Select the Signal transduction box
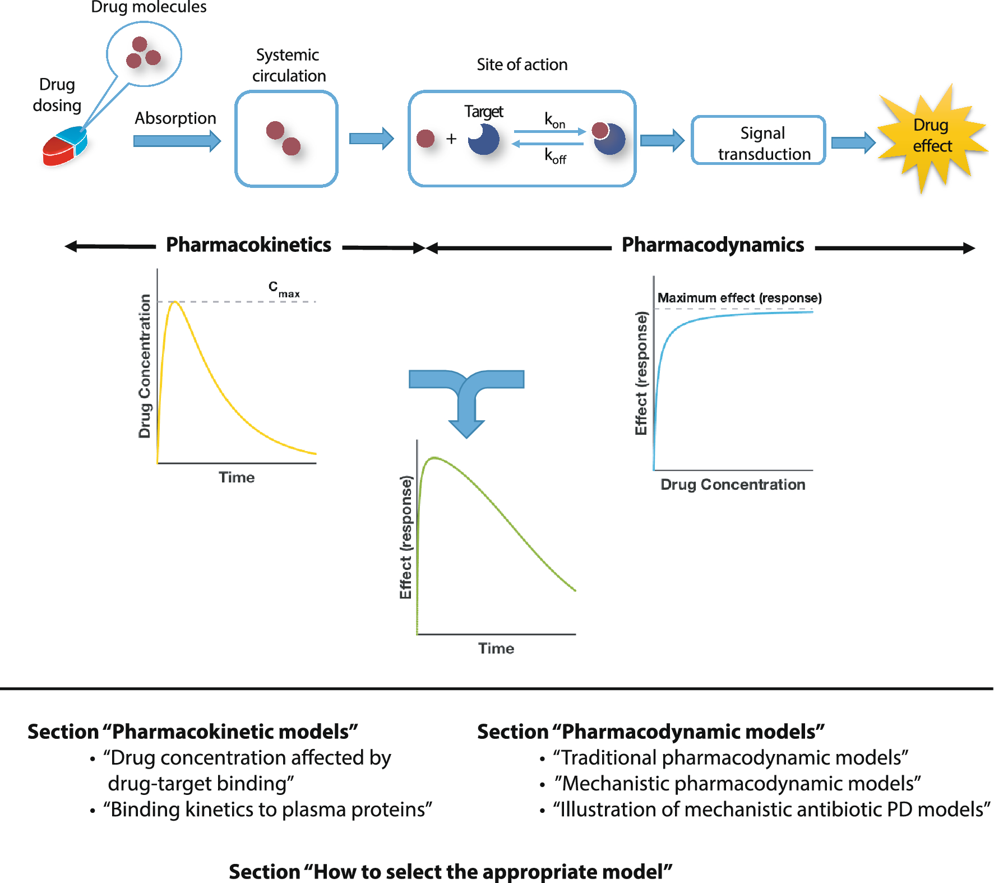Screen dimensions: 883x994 click(x=758, y=141)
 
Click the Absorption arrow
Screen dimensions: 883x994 click(x=176, y=141)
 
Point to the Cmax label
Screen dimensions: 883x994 click(x=283, y=289)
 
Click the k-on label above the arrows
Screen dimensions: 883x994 click(x=554, y=119)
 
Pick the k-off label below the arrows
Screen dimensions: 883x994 click(x=555, y=155)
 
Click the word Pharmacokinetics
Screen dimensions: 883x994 click(x=248, y=245)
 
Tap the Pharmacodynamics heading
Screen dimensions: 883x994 click(x=713, y=245)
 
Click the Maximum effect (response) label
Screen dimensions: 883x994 click(x=739, y=298)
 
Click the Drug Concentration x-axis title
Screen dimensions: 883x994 click(x=732, y=484)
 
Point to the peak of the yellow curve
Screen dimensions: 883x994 click(x=175, y=302)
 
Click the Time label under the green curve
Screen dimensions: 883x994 click(x=496, y=649)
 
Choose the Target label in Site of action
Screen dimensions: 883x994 click(x=483, y=112)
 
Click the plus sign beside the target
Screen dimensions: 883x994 click(x=451, y=139)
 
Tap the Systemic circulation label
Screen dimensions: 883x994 click(x=288, y=65)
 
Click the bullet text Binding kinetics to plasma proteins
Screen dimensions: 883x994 click(x=267, y=810)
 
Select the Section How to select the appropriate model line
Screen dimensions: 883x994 click(x=450, y=872)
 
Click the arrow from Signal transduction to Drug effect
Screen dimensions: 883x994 click(x=852, y=142)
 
